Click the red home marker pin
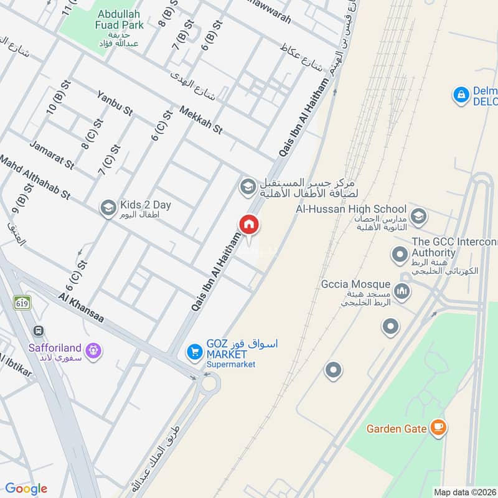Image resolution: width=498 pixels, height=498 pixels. pyautogui.click(x=249, y=225)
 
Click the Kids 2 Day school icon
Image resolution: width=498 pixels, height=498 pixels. pyautogui.click(x=108, y=207)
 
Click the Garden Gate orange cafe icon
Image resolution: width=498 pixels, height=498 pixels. pyautogui.click(x=439, y=428)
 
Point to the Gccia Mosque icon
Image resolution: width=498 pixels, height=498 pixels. pyautogui.click(x=403, y=290)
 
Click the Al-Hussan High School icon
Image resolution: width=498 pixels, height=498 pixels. pyautogui.click(x=418, y=215)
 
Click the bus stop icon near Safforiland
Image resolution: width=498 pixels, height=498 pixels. pyautogui.click(x=39, y=331)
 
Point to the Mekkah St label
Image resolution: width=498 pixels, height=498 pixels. pyautogui.click(x=200, y=120)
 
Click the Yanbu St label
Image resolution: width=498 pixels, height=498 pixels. pyautogui.click(x=115, y=103)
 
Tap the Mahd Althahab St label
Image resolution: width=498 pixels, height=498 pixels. pyautogui.click(x=35, y=177)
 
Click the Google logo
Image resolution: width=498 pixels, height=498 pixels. pyautogui.click(x=26, y=489)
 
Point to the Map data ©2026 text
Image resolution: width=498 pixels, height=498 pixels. pyautogui.click(x=464, y=492)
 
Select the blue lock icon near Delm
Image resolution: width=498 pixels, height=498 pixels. pyautogui.click(x=461, y=95)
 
